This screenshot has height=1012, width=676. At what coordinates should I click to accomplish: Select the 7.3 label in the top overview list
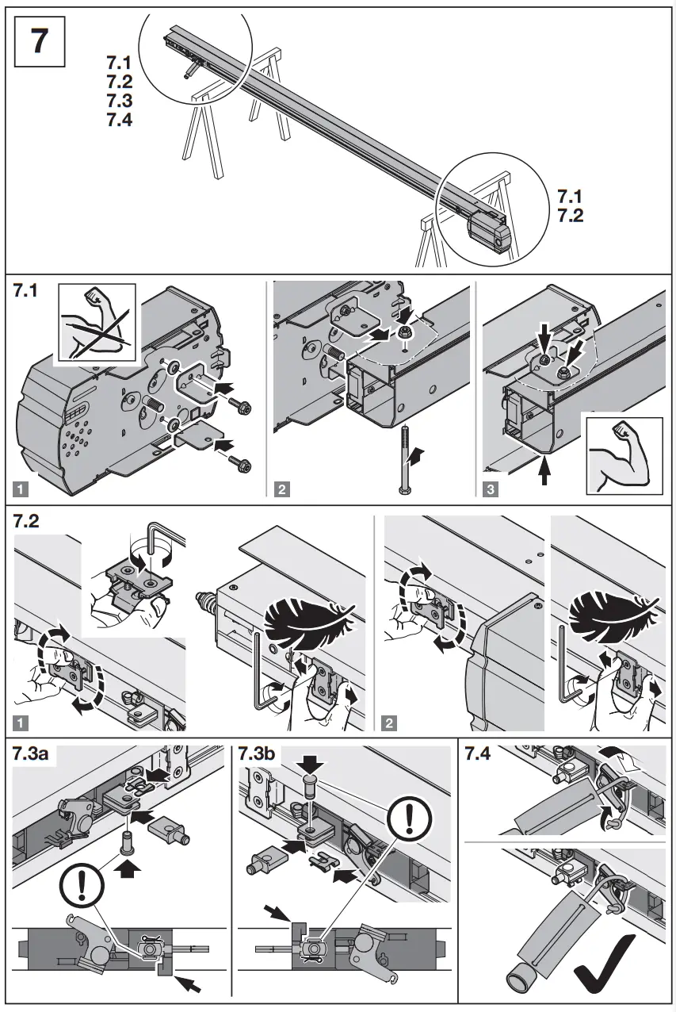[119, 102]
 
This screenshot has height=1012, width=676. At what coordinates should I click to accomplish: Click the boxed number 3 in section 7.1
[491, 489]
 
